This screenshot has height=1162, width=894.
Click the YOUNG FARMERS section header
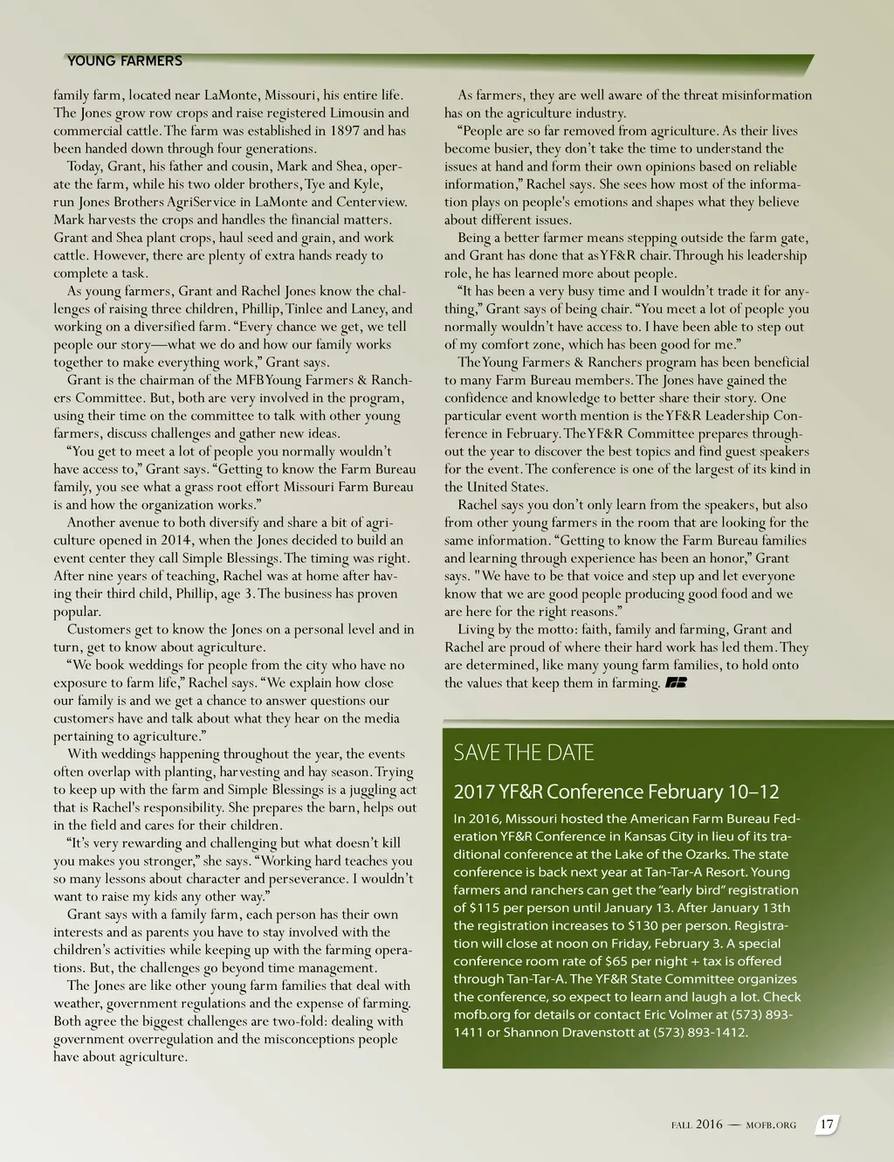pyautogui.click(x=125, y=61)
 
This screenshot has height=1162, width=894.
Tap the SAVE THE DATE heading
pyautogui.click(x=523, y=752)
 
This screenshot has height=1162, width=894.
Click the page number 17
pyautogui.click(x=827, y=1124)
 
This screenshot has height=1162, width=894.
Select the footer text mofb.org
pyautogui.click(x=771, y=1125)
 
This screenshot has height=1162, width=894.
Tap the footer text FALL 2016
pyautogui.click(x=697, y=1125)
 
